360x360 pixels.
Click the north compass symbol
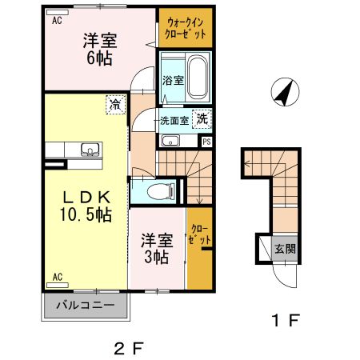(285, 92)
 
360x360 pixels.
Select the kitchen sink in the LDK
(91, 150)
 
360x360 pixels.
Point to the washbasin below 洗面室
(170, 141)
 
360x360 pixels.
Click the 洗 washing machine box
(202, 119)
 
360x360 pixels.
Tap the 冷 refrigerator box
(116, 105)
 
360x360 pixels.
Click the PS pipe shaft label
(207, 142)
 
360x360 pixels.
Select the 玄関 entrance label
(286, 249)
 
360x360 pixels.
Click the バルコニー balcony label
(86, 305)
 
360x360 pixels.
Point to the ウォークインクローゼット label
(186, 28)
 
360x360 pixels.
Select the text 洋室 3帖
(157, 249)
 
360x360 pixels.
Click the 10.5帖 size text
(86, 214)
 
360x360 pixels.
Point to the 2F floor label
(129, 349)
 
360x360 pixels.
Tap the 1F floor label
(286, 320)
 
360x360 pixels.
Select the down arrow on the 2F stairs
(199, 192)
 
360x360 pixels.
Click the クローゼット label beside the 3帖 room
(200, 234)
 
